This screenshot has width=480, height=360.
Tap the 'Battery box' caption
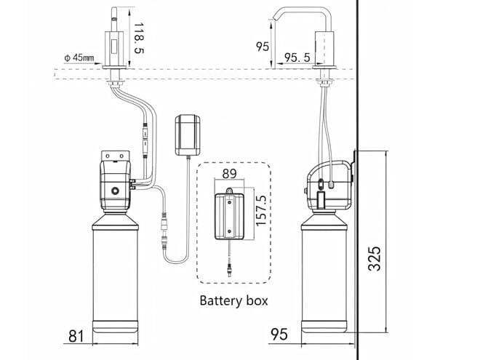point(233,300)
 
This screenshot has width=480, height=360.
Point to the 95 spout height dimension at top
point(263,47)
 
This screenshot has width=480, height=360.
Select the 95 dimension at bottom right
point(279,335)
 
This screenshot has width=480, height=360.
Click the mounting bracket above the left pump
point(115,155)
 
